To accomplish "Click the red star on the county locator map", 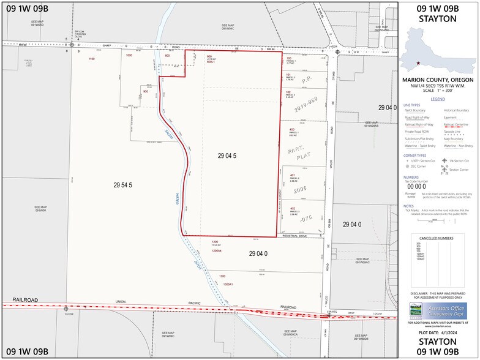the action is point(419,63).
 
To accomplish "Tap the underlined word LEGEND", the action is point(438,99).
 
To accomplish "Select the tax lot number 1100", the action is point(92,59).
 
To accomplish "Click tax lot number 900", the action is point(146,91).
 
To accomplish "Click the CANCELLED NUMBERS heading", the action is point(437,238).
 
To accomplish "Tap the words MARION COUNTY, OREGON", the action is point(438,79).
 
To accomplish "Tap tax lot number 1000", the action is point(129,56).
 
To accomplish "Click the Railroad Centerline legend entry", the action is point(458,124).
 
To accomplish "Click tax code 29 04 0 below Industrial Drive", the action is point(258,253).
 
